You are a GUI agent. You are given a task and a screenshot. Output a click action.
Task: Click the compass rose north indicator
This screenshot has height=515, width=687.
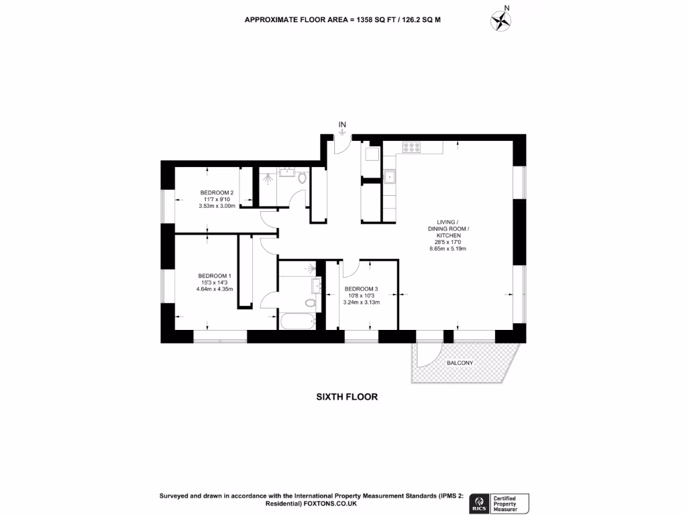[500, 20]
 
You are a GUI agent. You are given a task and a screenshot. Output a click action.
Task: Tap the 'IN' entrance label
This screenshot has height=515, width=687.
[342, 124]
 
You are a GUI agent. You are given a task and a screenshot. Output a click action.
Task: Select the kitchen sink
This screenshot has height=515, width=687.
[389, 177]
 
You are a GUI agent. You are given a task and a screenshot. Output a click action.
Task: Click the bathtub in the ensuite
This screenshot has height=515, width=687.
[298, 322]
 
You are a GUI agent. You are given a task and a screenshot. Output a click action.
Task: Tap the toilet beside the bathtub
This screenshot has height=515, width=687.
[309, 303]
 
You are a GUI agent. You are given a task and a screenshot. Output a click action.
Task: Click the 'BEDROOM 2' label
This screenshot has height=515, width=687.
[217, 192]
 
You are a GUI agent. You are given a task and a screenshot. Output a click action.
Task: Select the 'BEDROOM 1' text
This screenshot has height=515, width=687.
[214, 276]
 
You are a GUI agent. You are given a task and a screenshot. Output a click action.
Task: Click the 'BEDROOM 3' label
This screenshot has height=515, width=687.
[361, 289]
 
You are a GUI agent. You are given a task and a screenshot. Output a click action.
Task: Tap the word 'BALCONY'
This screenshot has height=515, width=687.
[460, 363]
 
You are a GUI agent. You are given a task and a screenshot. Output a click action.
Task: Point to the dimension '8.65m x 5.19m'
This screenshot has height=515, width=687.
[447, 249]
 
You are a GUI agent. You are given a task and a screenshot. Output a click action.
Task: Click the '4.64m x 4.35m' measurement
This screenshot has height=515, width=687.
[214, 289]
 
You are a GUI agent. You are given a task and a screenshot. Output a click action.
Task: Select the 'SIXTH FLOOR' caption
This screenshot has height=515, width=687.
[347, 397]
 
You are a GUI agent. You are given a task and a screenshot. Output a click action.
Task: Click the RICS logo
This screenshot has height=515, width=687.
[480, 503]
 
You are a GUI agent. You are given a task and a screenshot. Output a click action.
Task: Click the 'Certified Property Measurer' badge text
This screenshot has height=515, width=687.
[511, 503]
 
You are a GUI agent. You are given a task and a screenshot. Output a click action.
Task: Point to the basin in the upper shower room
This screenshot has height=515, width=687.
[287, 172]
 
